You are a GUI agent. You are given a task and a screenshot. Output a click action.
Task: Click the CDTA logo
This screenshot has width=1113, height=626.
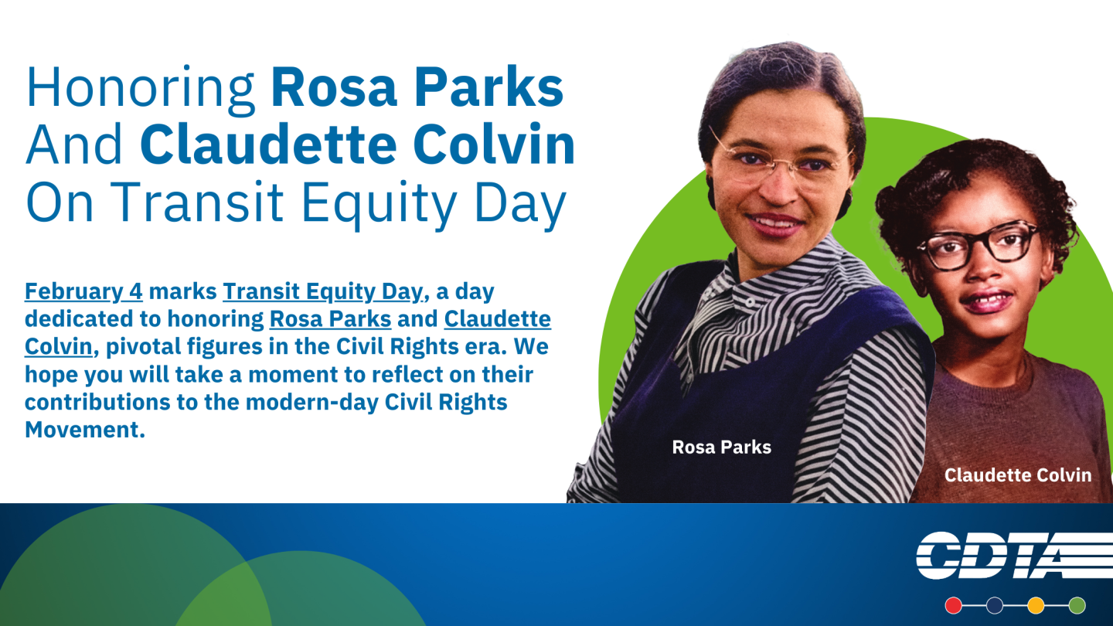(x=1013, y=556)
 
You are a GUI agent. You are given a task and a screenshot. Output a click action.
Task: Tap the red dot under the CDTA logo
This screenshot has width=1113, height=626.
(x=953, y=605)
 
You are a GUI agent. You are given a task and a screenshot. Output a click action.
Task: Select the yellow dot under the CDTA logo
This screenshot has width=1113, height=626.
(x=1036, y=605)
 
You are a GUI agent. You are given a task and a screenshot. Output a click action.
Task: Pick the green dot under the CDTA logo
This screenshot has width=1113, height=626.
(x=1077, y=605)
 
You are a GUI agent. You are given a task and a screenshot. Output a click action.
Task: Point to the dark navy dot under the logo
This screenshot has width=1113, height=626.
(x=994, y=605)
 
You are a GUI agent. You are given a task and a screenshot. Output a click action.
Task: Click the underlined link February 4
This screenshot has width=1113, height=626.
(x=83, y=291)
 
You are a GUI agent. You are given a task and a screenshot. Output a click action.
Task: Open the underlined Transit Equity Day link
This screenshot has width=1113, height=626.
(x=323, y=292)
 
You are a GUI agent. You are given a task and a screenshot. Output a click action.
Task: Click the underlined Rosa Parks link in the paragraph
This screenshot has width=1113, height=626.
(x=331, y=319)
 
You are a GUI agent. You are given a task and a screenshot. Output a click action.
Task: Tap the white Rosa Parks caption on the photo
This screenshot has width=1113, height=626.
(x=721, y=447)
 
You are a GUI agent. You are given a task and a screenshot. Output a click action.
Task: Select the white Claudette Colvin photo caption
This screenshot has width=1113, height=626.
(x=1018, y=475)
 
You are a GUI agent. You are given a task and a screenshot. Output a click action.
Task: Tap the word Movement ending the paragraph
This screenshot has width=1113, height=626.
(x=84, y=430)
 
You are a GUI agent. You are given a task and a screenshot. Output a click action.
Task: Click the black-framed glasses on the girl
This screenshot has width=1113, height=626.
(x=978, y=244)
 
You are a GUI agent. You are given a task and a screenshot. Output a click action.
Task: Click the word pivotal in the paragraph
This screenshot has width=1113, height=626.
(x=143, y=347)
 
